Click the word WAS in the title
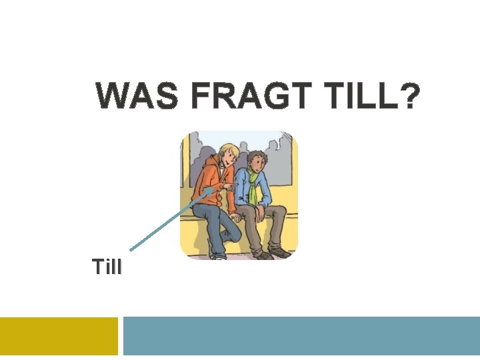(x=137, y=97)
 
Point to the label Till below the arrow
(x=107, y=268)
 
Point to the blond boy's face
(x=228, y=159)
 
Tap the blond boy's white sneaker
(x=217, y=255)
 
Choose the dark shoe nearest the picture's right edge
(x=281, y=253)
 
